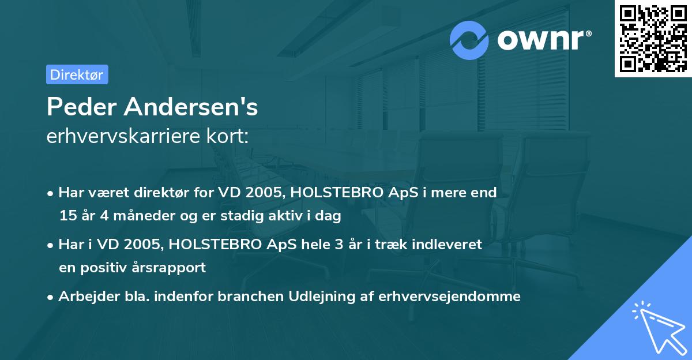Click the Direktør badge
[77, 74]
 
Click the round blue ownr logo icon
[469, 40]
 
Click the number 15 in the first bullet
[67, 216]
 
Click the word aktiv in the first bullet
[284, 216]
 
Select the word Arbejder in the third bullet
[86, 297]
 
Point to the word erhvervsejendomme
[450, 297]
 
